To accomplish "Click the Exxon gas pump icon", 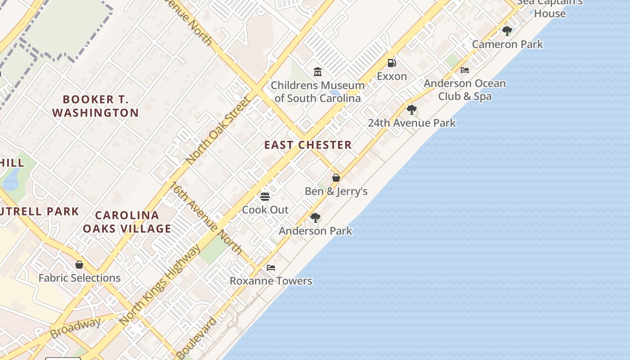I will click(392, 63).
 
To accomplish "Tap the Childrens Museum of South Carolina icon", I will click(318, 72).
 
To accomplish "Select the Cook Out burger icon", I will click(265, 197).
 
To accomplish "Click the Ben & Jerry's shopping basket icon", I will click(336, 178).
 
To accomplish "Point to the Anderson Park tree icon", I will click(315, 218).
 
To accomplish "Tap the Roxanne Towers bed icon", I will click(271, 267).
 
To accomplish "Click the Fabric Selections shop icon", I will click(79, 265).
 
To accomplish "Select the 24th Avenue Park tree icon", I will click(411, 110).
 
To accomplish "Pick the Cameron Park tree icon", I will click(507, 31).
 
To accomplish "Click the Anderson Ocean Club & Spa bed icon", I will click(465, 70).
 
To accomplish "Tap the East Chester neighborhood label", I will click(308, 145).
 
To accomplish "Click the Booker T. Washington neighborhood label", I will click(95, 106).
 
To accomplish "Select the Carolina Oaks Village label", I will click(127, 222).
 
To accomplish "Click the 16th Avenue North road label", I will click(206, 218).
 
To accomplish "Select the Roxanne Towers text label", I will click(271, 281).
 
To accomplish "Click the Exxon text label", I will click(392, 76).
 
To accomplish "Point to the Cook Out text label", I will click(265, 210).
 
